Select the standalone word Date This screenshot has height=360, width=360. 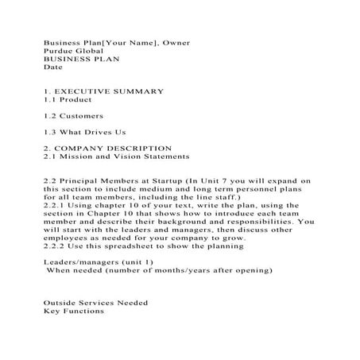(x=53, y=68)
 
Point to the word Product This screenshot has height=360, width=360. (x=75, y=100)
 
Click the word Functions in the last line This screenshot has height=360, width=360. (x=82, y=311)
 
